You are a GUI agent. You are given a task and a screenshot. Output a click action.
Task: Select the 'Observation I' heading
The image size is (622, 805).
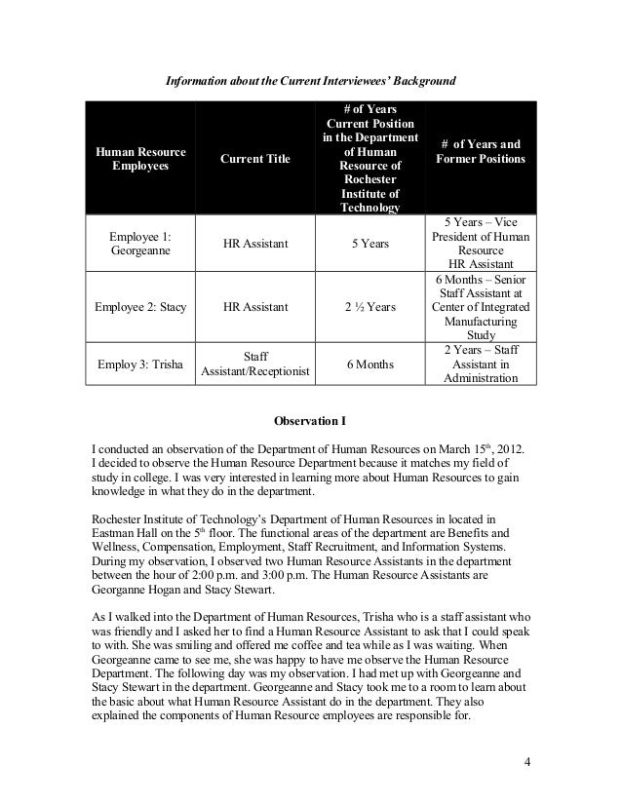(310, 423)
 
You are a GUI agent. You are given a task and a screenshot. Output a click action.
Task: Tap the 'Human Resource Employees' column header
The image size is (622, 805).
(139, 158)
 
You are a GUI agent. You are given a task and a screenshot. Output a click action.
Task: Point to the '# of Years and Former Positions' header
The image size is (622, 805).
(481, 151)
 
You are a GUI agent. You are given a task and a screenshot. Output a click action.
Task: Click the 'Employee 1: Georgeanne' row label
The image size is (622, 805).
(139, 244)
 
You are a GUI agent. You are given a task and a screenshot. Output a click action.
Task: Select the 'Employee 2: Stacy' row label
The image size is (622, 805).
(139, 307)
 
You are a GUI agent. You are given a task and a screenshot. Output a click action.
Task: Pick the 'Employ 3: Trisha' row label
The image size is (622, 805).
(139, 364)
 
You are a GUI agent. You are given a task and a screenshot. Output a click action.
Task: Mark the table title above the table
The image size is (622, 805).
(310, 78)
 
